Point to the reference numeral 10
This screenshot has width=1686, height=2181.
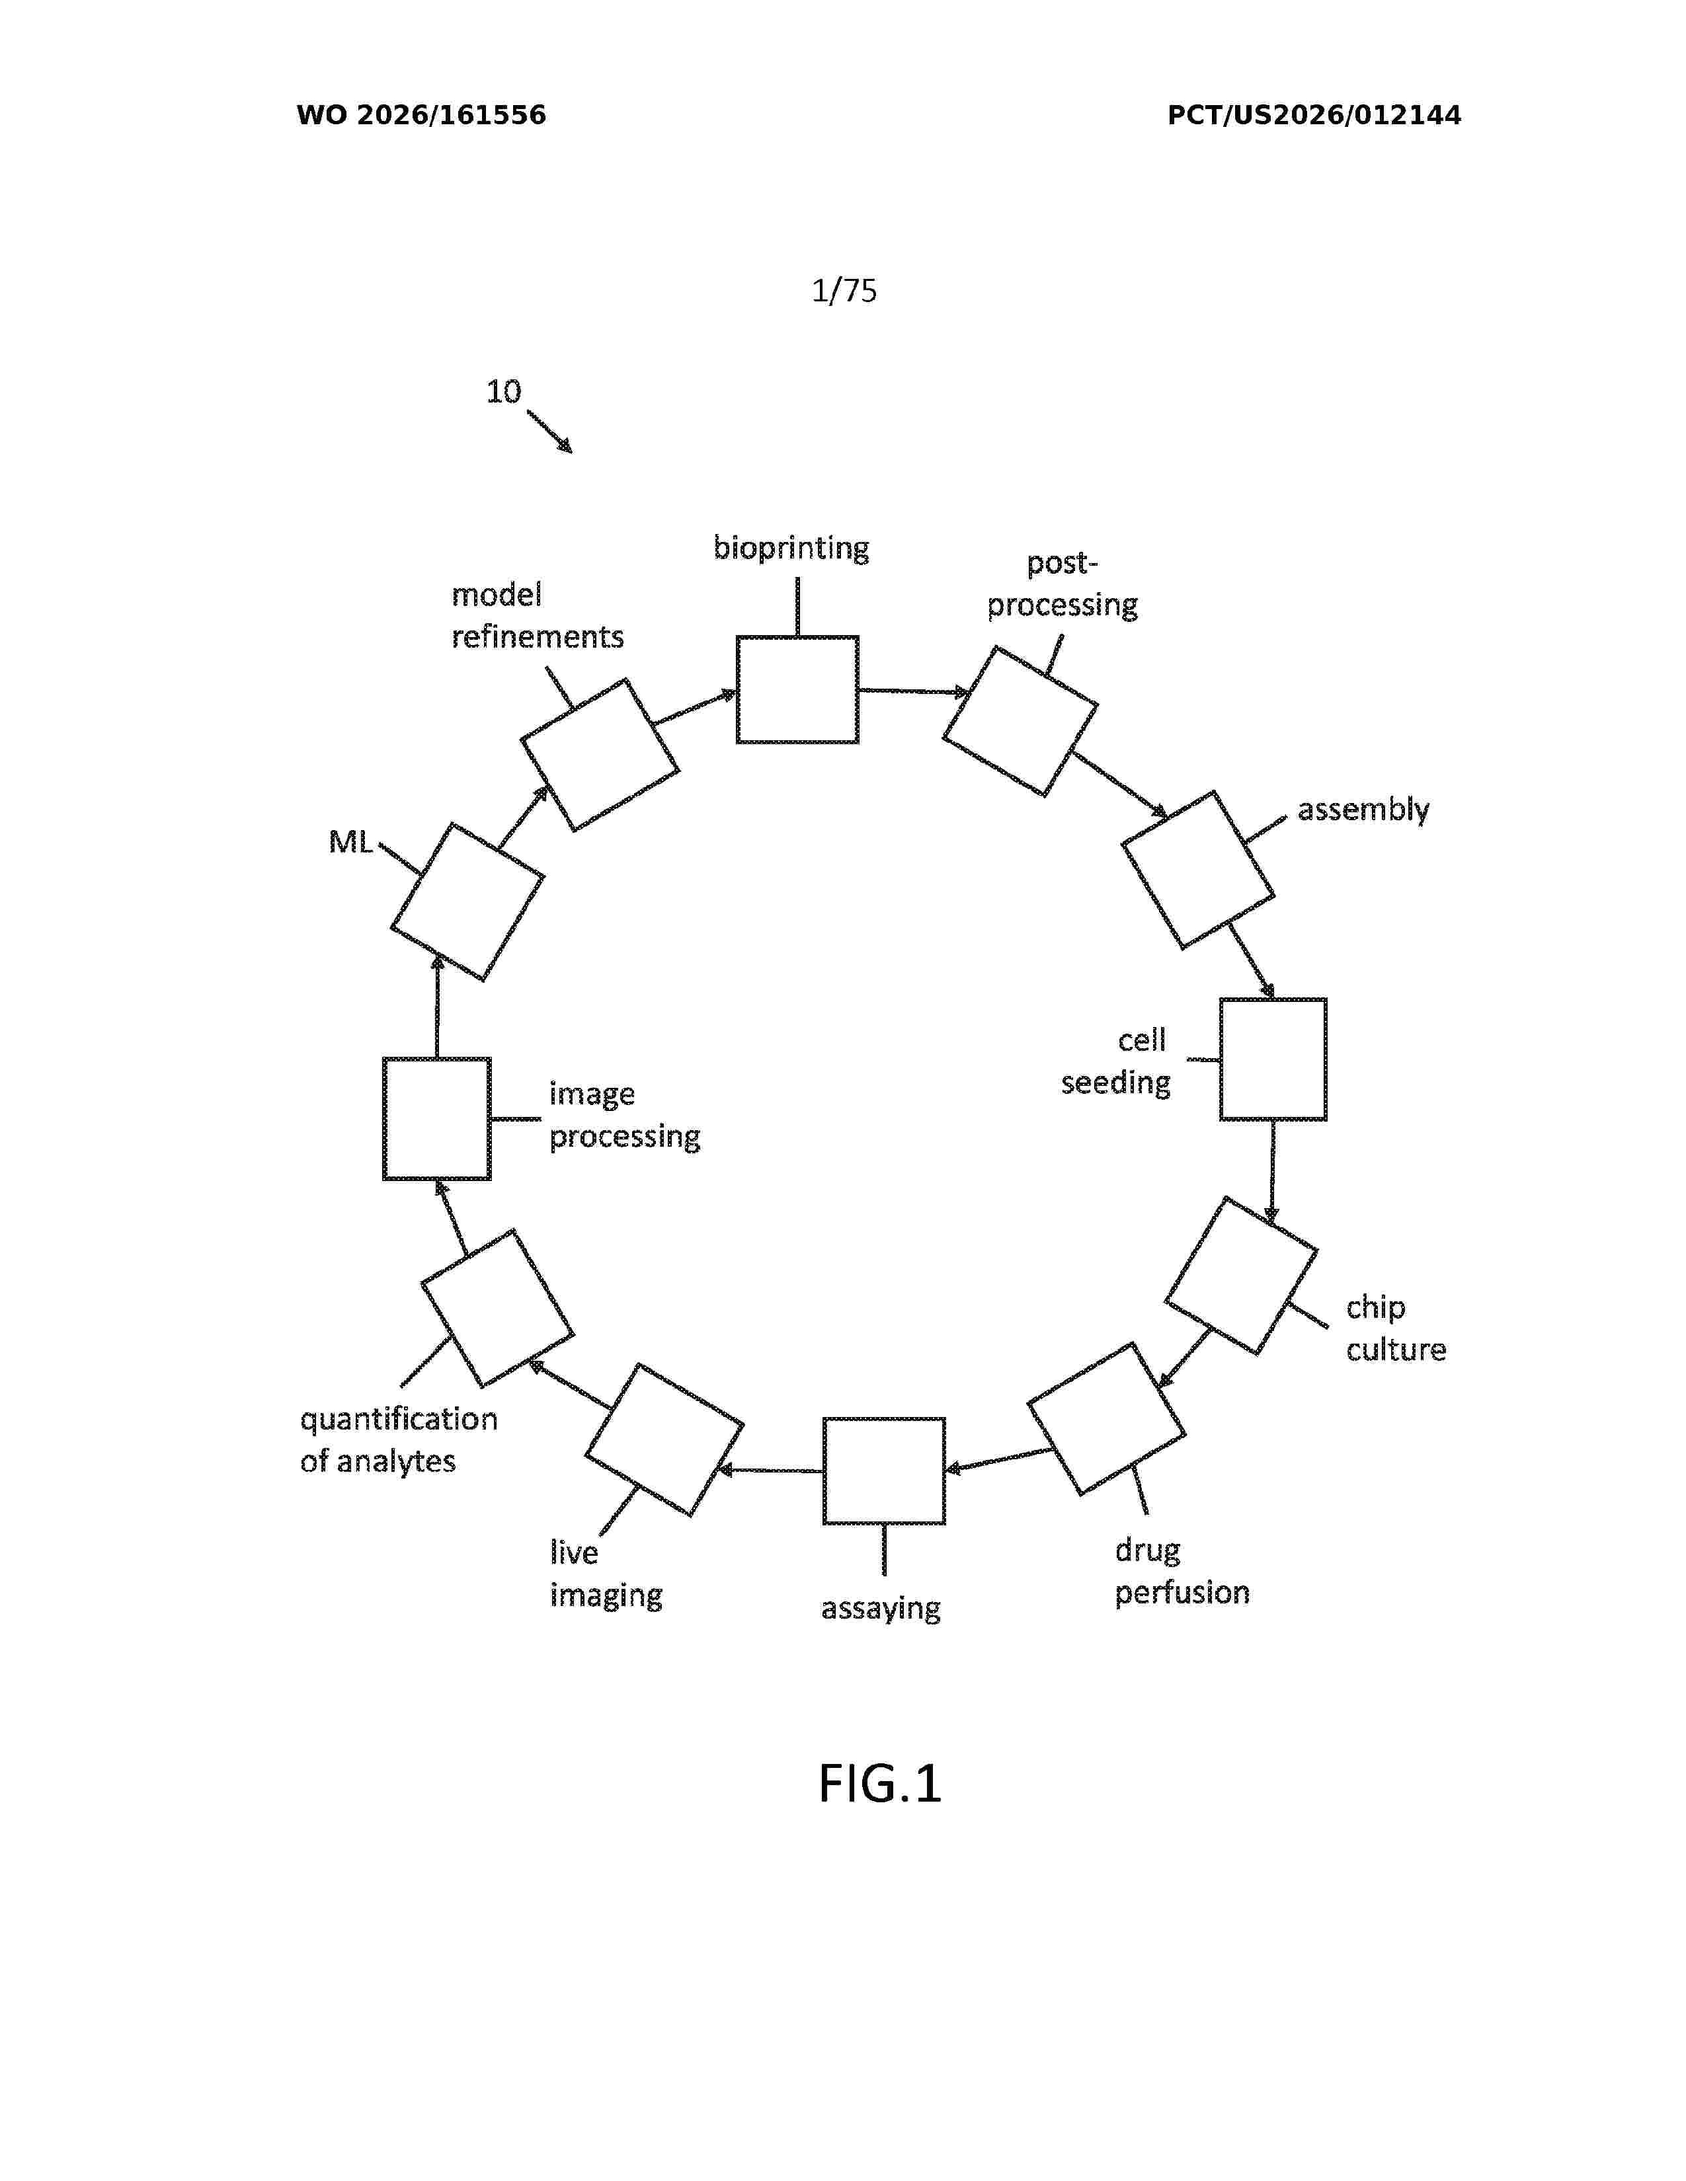pyautogui.click(x=503, y=391)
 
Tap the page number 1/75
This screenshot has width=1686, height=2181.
pyautogui.click(x=844, y=291)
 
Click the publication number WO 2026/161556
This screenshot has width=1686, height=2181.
pyautogui.click(x=422, y=115)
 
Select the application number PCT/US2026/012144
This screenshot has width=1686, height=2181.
pyautogui.click(x=1314, y=115)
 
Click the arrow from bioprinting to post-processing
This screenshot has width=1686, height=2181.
pyautogui.click(x=914, y=691)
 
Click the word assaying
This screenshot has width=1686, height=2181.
pyautogui.click(x=881, y=1608)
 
